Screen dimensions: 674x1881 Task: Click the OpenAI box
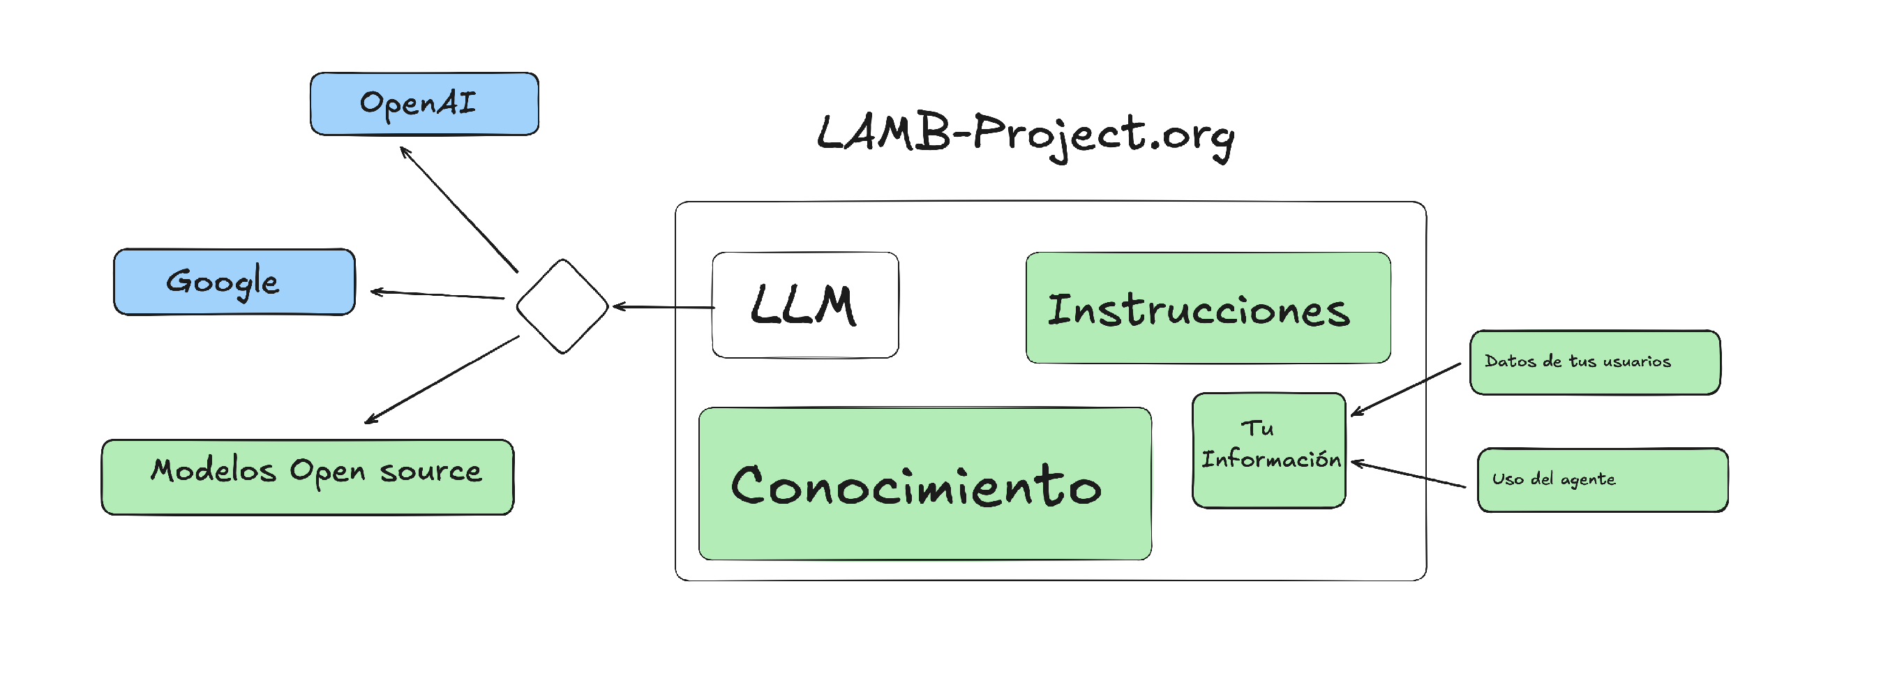pos(424,104)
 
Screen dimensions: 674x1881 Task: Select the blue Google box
pos(234,282)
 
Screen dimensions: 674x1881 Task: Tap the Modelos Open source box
pos(308,477)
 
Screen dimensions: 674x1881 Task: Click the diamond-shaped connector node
pos(562,306)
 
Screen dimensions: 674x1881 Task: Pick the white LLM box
pos(805,305)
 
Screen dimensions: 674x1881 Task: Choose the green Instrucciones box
pos(1208,308)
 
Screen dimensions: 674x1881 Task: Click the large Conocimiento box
pos(924,484)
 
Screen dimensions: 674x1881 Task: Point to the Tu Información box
pos(1268,450)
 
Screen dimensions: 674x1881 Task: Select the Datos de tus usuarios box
pos(1595,362)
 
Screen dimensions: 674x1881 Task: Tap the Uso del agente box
pos(1602,480)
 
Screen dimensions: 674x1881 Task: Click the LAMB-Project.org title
pos(1025,135)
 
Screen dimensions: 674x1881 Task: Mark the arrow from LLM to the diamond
pos(663,308)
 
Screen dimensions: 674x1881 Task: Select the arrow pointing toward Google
pos(437,295)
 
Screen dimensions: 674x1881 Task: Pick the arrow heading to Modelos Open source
pos(442,379)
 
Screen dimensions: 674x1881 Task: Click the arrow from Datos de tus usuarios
pos(1406,389)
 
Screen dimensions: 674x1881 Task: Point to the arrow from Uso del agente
pos(1408,474)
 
